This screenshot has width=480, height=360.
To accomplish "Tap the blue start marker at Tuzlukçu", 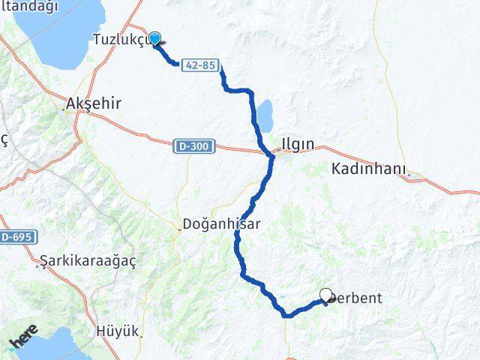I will (x=154, y=38).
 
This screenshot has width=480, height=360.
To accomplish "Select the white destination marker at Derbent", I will (x=325, y=295).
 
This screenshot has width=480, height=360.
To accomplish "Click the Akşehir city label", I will (x=94, y=104).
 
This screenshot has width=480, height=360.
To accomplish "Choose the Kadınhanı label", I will (x=367, y=169).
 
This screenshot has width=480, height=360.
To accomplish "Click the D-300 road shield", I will (x=196, y=145).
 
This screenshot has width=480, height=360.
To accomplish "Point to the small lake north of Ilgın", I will (x=264, y=115).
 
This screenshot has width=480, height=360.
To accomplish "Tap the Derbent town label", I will (x=357, y=298).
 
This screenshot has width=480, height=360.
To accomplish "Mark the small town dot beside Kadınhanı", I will (x=409, y=177).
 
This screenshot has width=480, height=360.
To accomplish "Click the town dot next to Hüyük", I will (x=139, y=336).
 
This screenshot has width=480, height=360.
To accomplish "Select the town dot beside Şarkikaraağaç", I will (x=38, y=265).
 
